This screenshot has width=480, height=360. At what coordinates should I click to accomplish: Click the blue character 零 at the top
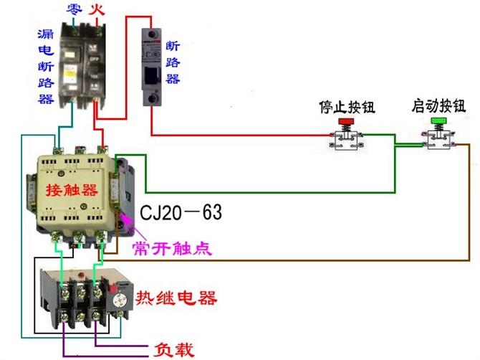(x=72, y=9)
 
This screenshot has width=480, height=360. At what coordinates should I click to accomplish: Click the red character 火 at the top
(x=95, y=9)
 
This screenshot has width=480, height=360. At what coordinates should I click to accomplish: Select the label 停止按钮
(x=347, y=107)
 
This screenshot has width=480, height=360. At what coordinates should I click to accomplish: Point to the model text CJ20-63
(x=181, y=213)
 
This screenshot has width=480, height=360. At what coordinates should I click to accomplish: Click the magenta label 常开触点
(x=172, y=248)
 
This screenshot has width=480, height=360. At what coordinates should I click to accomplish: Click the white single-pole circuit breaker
(x=151, y=68)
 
